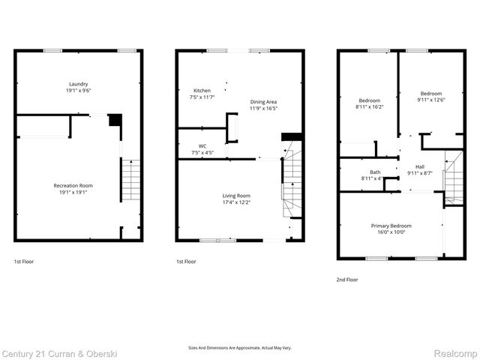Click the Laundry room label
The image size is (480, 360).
point(78,84)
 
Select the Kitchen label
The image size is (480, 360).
point(202,91)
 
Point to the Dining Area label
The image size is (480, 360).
point(263,101)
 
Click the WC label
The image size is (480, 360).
point(202,146)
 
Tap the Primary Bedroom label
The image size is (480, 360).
point(391,226)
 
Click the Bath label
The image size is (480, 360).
point(374,172)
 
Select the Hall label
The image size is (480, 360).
point(419,166)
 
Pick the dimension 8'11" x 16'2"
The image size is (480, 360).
point(369,107)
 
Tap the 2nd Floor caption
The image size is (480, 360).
point(347,279)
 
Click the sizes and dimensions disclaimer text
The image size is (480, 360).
point(239,348)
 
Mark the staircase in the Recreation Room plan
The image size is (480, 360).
point(130,180)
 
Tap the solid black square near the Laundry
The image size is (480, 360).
point(115,120)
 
